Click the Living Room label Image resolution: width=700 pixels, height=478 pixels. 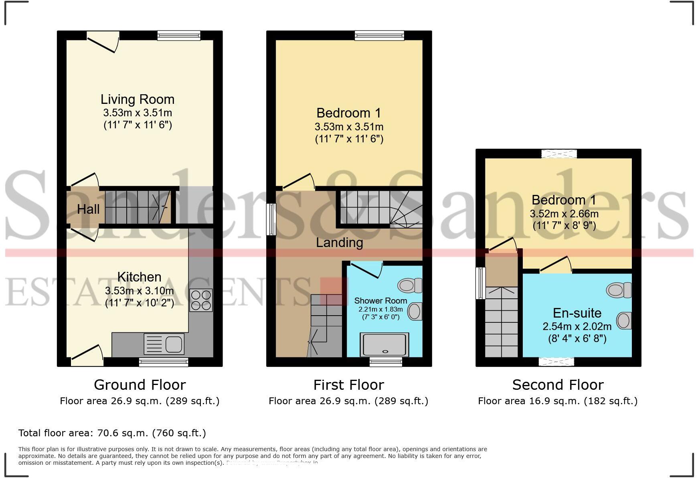(x=137, y=99)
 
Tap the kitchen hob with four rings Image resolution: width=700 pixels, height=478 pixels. (x=201, y=300)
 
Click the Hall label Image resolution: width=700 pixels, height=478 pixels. (x=88, y=209)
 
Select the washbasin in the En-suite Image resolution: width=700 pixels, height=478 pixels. (x=624, y=320)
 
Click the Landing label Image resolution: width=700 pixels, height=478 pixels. (x=340, y=242)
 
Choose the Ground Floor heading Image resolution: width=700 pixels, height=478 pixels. (x=140, y=385)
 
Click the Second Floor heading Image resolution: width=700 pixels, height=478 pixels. (x=558, y=385)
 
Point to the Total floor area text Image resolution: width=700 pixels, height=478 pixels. (x=112, y=433)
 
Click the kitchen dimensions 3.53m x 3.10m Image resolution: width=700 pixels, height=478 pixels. (x=140, y=290)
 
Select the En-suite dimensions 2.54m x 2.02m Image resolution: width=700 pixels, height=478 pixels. (x=577, y=326)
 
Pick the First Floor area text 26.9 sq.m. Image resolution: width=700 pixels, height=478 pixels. (x=348, y=401)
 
